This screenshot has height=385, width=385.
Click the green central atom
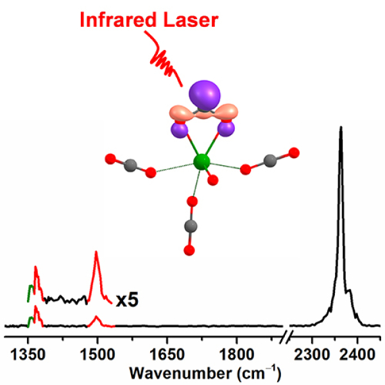pyautogui.click(x=202, y=160)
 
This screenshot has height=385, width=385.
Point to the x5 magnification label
pyautogui.click(x=126, y=299)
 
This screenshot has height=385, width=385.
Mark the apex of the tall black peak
pyautogui.click(x=341, y=127)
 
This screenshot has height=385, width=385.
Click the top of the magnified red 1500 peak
pyautogui.click(x=96, y=252)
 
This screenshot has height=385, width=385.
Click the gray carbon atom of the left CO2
pyautogui.click(x=130, y=164)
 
